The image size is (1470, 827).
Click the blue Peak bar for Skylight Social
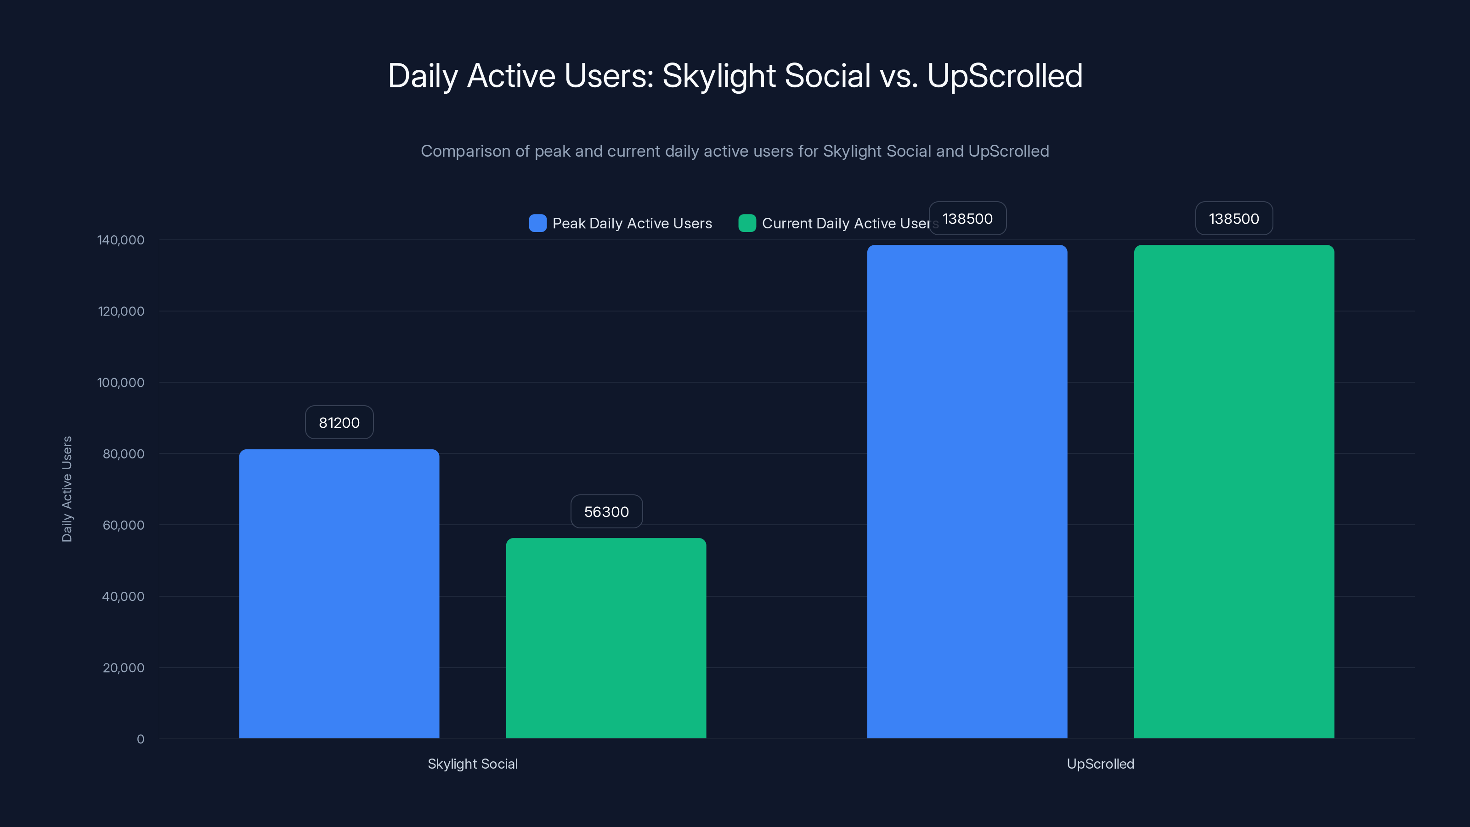coord(339,594)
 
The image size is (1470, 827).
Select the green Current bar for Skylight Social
coord(606,638)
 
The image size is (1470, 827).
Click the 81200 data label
coord(339,422)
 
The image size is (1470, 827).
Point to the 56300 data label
coord(606,511)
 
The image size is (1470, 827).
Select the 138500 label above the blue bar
coord(967,219)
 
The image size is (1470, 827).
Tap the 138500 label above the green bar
coord(1234,219)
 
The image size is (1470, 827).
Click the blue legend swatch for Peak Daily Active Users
coord(537,223)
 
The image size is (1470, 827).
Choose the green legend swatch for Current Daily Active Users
coord(747,223)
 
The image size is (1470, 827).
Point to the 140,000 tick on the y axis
coord(120,240)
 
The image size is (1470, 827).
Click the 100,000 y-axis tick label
coord(120,382)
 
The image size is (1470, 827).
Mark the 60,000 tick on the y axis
coord(123,525)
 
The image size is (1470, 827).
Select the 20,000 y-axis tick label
coord(123,668)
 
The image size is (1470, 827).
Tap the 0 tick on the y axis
coord(141,739)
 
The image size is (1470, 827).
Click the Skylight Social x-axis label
coord(473,764)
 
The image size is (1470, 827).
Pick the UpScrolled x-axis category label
coord(1100,764)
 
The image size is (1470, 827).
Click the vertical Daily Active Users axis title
coord(67,489)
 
